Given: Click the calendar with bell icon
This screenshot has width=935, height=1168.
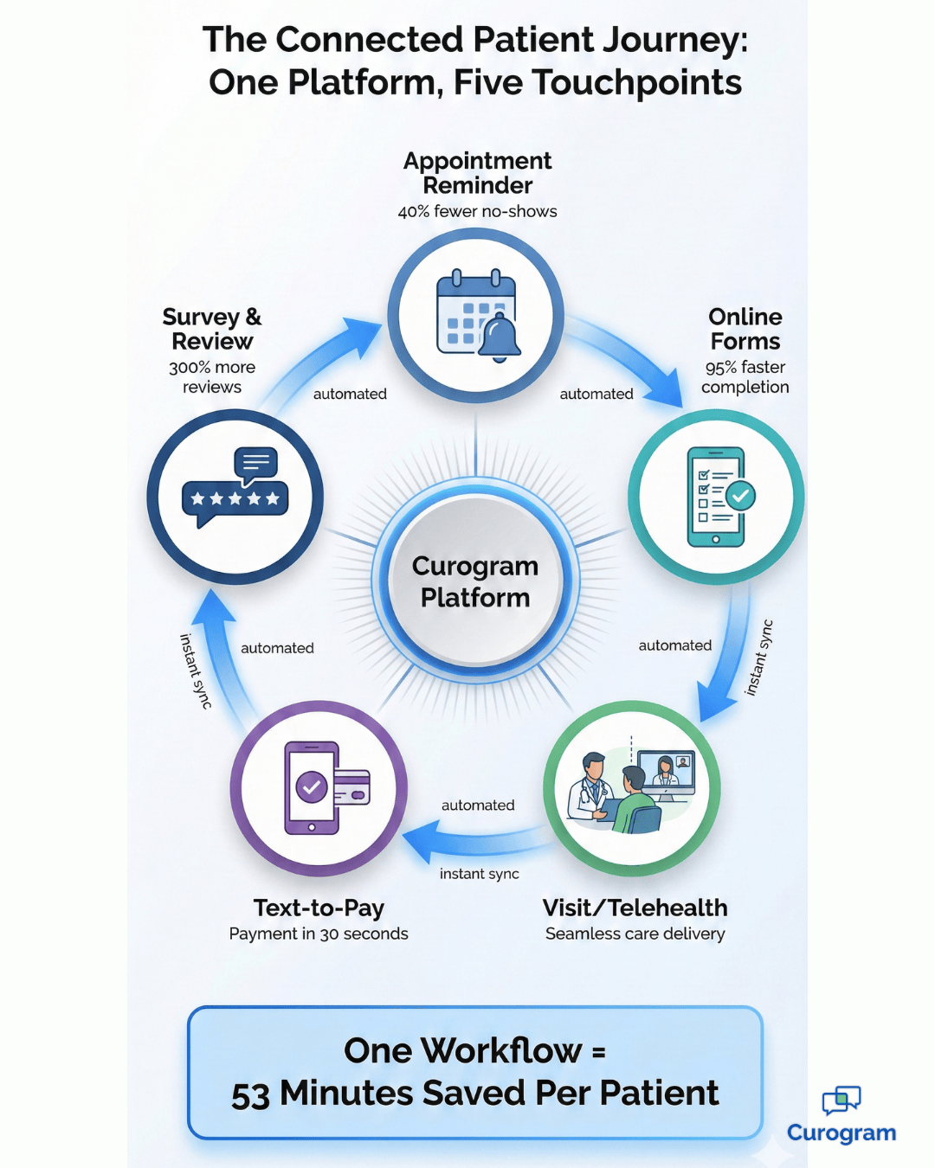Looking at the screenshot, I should tap(477, 317).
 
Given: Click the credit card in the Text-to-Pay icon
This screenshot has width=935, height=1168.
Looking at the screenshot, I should tap(351, 787).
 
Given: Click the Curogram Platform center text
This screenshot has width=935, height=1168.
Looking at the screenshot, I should tap(475, 581).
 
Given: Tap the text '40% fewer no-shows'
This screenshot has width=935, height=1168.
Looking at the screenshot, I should tap(477, 211).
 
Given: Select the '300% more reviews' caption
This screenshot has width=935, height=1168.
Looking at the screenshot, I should tap(212, 377).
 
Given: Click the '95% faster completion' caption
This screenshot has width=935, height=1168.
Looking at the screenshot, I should tap(745, 377).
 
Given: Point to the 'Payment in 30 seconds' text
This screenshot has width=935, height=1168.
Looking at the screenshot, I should tap(319, 934).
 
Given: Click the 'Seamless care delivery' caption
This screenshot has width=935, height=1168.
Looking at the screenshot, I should tap(635, 934).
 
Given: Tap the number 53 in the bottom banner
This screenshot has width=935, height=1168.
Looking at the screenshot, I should tap(251, 1094).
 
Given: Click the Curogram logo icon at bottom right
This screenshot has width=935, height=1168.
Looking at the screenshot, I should tap(841, 1101).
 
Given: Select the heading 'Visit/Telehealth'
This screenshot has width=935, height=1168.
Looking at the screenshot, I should tap(635, 908).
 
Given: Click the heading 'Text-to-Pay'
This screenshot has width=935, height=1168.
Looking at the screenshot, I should tap(319, 908).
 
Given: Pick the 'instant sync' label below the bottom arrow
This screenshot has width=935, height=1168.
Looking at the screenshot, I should tap(479, 874).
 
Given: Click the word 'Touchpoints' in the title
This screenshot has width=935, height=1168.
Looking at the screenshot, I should tap(636, 83).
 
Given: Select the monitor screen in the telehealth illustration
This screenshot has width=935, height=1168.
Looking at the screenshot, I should tap(667, 770).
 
